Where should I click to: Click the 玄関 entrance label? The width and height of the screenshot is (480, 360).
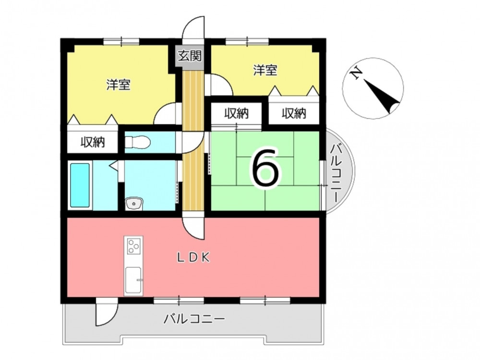tap(190, 56)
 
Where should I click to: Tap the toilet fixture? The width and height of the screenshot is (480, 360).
tap(137, 143)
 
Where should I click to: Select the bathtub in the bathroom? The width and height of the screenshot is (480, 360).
tap(80, 185)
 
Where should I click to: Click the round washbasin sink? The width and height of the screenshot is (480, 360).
tap(134, 203)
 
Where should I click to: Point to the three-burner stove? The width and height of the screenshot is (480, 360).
tap(134, 245)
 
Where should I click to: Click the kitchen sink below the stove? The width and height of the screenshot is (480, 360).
tap(133, 280)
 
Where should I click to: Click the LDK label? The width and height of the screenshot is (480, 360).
tap(194, 258)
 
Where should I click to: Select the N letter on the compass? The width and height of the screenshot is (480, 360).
tap(356, 73)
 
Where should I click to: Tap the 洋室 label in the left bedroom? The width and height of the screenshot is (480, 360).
tap(119, 84)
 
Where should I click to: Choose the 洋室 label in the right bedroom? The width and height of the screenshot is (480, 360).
tap(265, 71)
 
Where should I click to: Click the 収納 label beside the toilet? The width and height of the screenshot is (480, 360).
tap(93, 142)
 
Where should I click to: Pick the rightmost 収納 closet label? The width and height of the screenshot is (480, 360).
tap(294, 114)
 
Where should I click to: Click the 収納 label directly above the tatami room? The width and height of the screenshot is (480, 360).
tap(237, 114)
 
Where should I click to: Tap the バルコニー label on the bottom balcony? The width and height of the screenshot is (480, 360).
tap(194, 319)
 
